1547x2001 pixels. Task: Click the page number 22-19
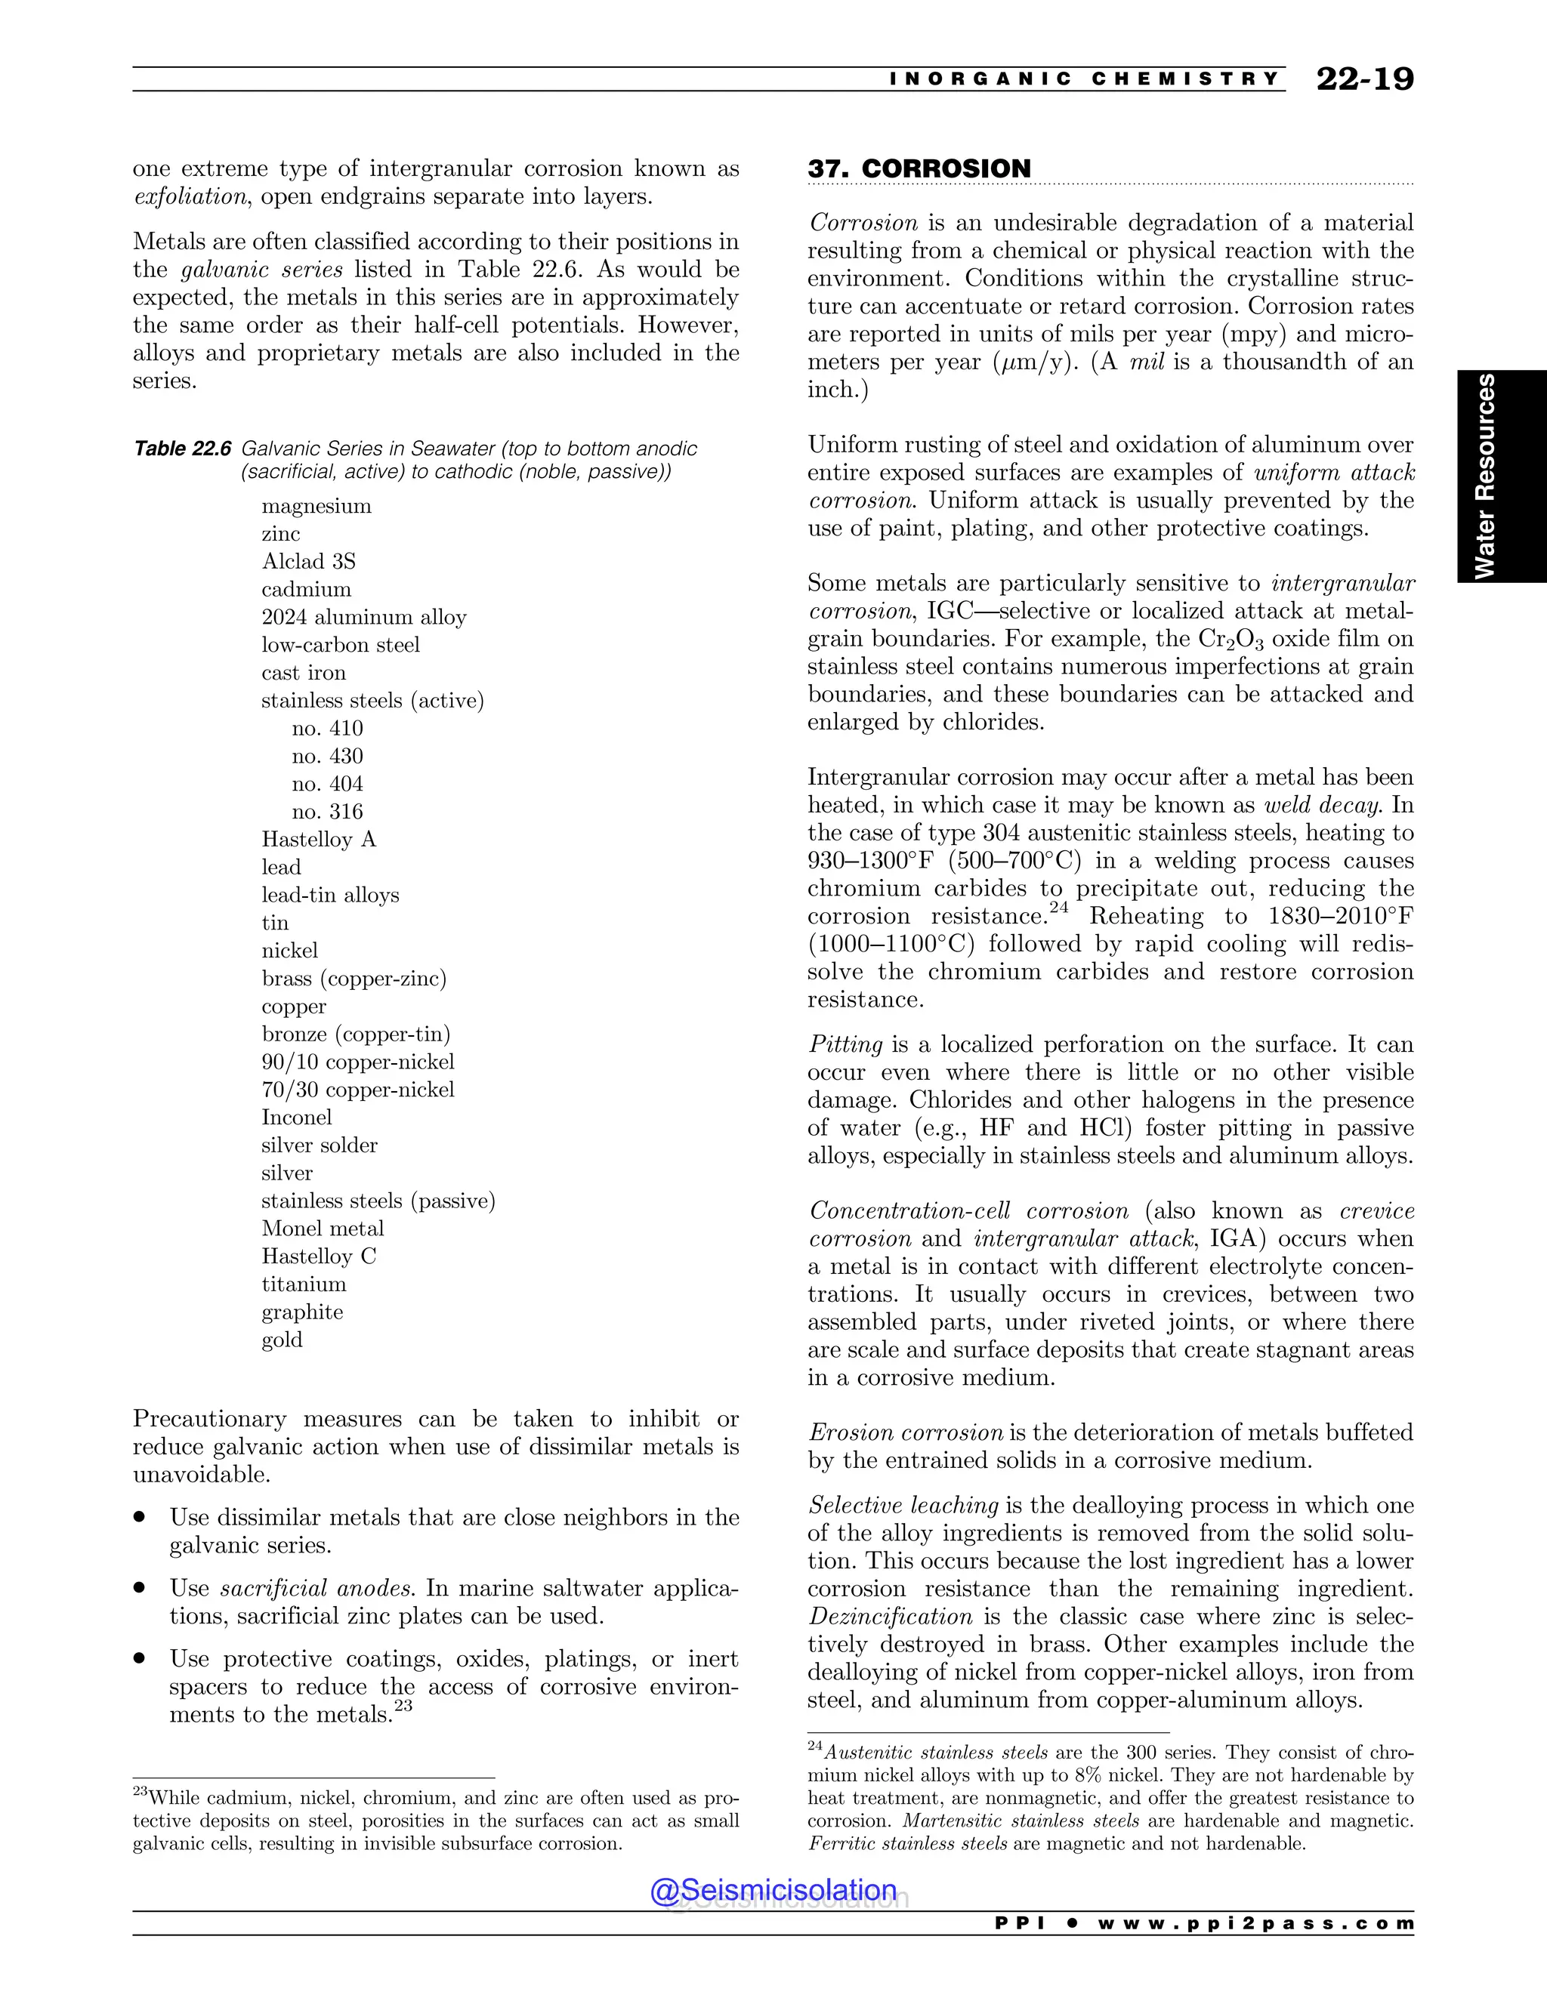pos(1363,80)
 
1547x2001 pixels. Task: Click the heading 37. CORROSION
pos(919,168)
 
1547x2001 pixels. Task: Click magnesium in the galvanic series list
pos(317,507)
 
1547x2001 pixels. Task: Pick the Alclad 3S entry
pos(308,562)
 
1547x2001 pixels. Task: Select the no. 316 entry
pos(327,812)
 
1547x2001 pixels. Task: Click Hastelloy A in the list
pos(319,839)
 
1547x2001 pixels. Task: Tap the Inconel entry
pos(296,1118)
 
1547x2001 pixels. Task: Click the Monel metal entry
pos(323,1229)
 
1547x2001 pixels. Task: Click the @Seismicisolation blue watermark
pos(773,1889)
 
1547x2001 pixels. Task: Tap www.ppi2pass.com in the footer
pos(1255,1923)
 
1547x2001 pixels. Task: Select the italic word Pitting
pos(845,1044)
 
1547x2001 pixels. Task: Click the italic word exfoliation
pos(190,197)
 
